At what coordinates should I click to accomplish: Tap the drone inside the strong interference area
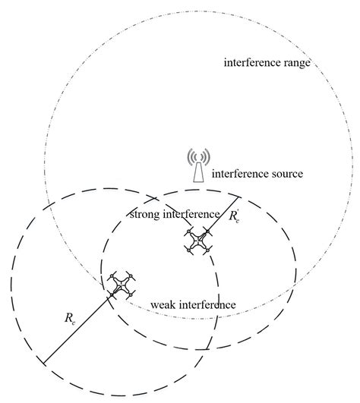198,241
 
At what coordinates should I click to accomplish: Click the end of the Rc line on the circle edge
43,360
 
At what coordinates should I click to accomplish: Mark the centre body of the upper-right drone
198,241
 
